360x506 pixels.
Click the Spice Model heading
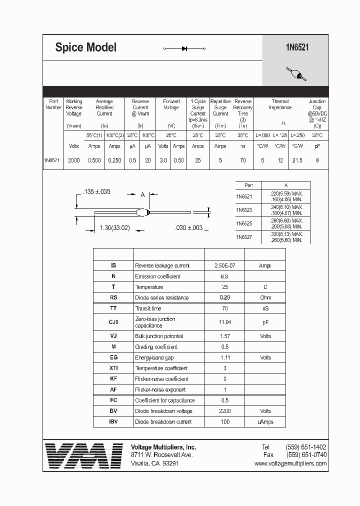click(x=85, y=47)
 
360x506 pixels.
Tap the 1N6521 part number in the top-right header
click(x=296, y=47)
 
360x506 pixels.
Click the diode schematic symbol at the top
click(x=184, y=48)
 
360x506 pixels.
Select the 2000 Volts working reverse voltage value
click(x=73, y=160)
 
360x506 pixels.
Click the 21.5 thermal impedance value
click(x=297, y=160)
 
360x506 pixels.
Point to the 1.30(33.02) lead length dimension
click(x=114, y=227)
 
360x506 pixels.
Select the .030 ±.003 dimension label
click(x=189, y=227)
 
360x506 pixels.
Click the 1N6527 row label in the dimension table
click(x=244, y=237)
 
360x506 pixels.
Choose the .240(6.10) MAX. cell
click(x=286, y=206)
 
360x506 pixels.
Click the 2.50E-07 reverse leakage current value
click(x=224, y=266)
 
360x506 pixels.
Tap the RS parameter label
click(x=113, y=297)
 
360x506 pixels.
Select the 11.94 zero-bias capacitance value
click(x=224, y=322)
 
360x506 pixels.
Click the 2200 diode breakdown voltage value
click(x=224, y=411)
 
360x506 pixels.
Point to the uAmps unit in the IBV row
click(x=265, y=421)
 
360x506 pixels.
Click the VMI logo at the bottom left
click(x=83, y=455)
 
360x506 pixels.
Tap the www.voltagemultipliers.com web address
click(x=290, y=463)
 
